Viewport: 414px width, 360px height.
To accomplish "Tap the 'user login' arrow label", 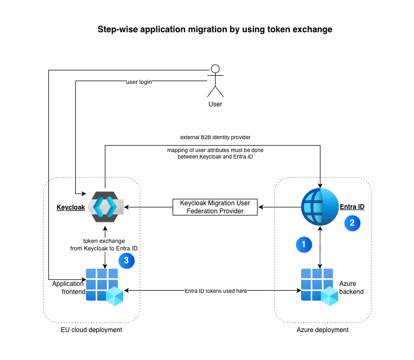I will (x=139, y=82).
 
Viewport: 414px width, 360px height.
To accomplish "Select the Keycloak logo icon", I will (x=105, y=206).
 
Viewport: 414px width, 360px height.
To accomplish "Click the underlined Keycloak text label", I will (x=70, y=207).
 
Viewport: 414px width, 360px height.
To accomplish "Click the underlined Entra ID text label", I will (x=352, y=207).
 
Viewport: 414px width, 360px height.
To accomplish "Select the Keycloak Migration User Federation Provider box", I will (x=215, y=207).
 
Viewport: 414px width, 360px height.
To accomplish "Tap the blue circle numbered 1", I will (x=304, y=244).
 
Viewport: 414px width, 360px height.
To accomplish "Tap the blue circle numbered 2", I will (x=352, y=222).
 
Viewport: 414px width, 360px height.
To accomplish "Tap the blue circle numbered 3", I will (x=126, y=260).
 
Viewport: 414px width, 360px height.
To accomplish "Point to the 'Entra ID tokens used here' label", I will (x=215, y=291).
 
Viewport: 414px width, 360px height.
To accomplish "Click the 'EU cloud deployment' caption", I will (x=91, y=330).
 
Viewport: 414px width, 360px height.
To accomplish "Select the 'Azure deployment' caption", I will (x=323, y=330).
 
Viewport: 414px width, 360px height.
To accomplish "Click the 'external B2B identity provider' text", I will (x=215, y=138).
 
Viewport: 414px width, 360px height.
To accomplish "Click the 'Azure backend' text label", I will (x=351, y=287).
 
